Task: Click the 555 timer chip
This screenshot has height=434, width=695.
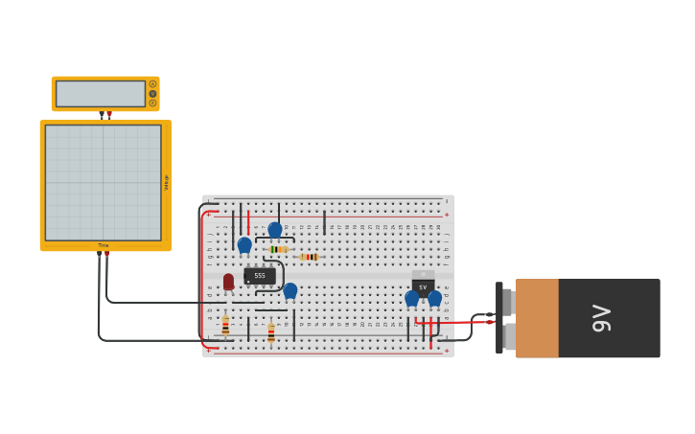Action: point(259,276)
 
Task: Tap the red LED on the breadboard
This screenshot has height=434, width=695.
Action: point(228,281)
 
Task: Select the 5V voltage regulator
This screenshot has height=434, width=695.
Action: point(423,286)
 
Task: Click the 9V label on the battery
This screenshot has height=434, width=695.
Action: point(601,318)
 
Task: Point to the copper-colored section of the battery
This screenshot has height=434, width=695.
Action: point(537,318)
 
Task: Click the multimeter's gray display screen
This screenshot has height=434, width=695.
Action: point(101,94)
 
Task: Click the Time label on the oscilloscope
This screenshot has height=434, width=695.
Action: point(104,245)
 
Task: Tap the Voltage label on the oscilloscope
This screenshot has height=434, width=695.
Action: point(166,183)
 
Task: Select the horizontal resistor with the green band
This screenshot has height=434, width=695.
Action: point(278,249)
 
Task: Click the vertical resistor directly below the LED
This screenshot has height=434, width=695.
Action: point(225,326)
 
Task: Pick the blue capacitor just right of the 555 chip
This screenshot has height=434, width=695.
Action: point(290,289)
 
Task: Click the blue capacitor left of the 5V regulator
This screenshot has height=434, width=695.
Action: point(411,298)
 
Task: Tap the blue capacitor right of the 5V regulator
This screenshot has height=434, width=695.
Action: point(435,298)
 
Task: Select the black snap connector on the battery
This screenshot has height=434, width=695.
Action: point(499,318)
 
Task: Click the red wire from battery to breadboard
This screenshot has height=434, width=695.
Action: point(455,323)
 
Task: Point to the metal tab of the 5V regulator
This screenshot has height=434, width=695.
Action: point(423,275)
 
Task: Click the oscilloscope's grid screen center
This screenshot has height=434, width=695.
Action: point(104,182)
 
